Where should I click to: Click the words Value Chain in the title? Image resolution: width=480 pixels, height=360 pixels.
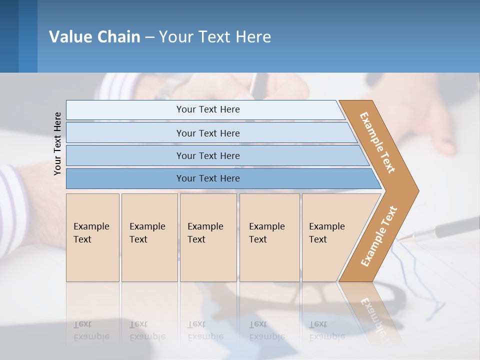pyautogui.click(x=94, y=37)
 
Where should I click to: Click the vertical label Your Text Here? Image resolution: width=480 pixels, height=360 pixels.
pyautogui.click(x=57, y=143)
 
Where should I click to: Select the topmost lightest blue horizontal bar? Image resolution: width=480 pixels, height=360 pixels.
pyautogui.click(x=207, y=109)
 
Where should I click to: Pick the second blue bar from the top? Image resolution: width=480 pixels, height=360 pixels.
pyautogui.click(x=207, y=133)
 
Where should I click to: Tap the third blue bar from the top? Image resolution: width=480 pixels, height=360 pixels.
pyautogui.click(x=207, y=155)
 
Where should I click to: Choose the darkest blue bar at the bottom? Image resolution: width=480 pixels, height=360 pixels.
pyautogui.click(x=207, y=178)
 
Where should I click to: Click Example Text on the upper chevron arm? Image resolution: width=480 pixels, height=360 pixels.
pyautogui.click(x=377, y=142)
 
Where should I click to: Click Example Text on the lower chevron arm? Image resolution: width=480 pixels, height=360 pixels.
pyautogui.click(x=379, y=236)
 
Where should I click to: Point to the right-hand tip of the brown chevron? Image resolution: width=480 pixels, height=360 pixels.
pyautogui.click(x=417, y=190)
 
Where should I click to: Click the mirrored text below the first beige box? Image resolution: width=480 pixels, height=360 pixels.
pyautogui.click(x=91, y=330)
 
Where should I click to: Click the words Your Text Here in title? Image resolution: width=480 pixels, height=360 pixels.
pyautogui.click(x=215, y=37)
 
